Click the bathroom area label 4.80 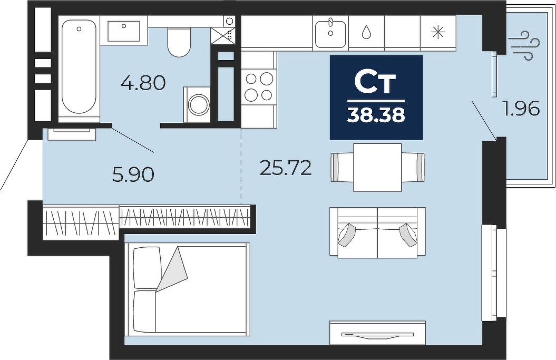point(143,83)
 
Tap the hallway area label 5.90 point(133,174)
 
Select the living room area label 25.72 point(286,168)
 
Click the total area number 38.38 point(376,114)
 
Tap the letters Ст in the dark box point(376,83)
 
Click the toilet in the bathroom point(179,42)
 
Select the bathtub point(79,67)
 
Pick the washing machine point(197,105)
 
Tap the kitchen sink point(330,33)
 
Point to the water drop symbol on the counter point(366,33)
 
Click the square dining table point(377,167)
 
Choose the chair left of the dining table point(342,167)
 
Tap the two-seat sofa point(377,232)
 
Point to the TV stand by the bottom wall point(377,333)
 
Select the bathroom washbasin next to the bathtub point(124,31)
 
